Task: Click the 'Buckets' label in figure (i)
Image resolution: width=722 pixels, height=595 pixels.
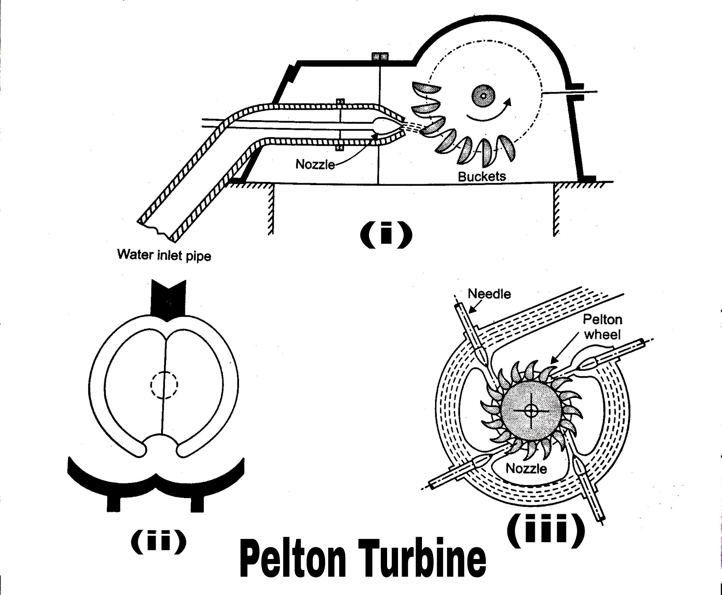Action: [x=482, y=177]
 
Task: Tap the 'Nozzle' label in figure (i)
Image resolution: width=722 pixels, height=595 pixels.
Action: [x=315, y=164]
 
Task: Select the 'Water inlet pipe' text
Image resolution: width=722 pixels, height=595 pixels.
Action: [x=164, y=255]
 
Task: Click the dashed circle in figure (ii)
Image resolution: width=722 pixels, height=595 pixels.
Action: [x=164, y=385]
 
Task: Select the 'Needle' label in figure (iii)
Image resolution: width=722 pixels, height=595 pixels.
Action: [x=489, y=294]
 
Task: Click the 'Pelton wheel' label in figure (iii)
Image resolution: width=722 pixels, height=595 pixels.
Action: [x=602, y=327]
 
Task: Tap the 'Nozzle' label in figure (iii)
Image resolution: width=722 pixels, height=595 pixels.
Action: [x=526, y=469]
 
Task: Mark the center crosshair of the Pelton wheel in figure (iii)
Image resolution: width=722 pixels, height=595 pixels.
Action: [x=530, y=410]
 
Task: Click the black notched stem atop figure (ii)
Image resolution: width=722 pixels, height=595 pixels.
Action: [x=168, y=299]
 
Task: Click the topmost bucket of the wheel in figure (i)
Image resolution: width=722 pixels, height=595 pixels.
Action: [x=427, y=89]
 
